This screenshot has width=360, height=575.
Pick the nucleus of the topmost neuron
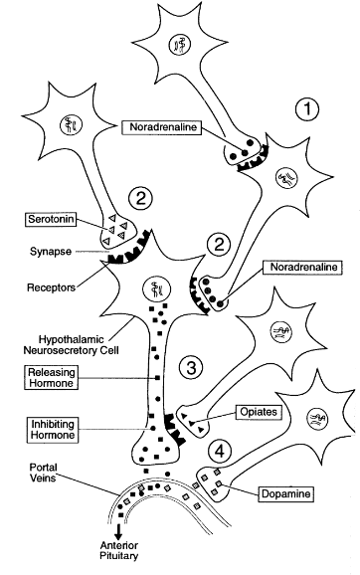(x=179, y=44)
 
